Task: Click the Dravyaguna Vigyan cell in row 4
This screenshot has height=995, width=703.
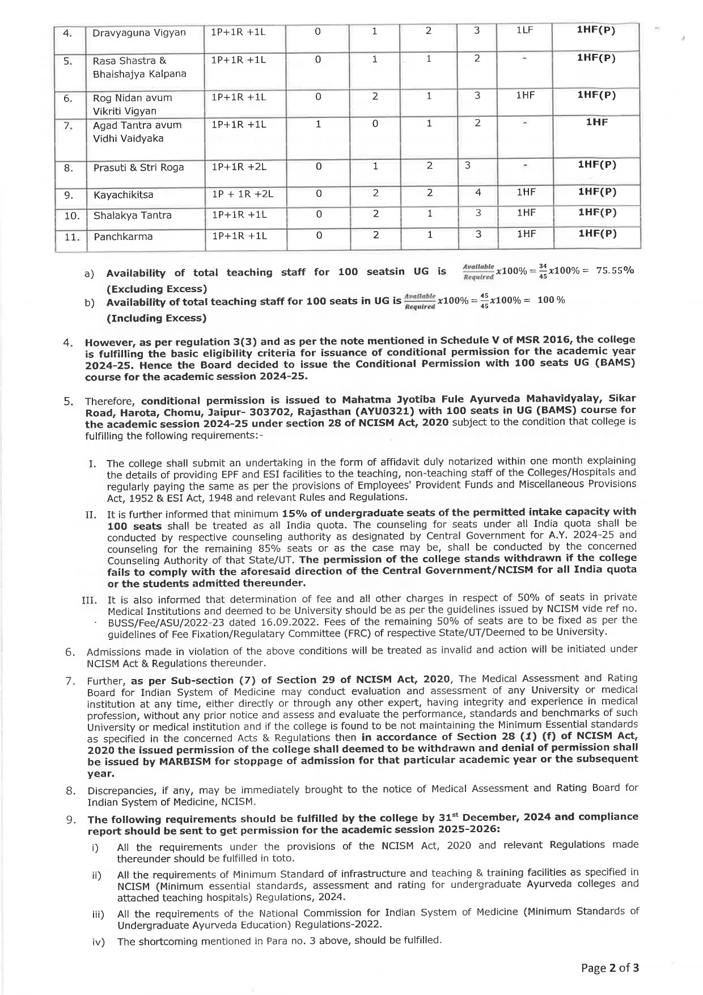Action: (139, 32)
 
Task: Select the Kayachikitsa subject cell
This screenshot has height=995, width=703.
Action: (123, 195)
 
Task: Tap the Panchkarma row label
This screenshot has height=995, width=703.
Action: (123, 237)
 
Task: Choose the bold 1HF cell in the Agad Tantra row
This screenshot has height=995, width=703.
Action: (596, 122)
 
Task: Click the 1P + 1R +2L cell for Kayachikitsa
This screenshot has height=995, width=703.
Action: (243, 194)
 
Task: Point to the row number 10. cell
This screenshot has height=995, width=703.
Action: (71, 216)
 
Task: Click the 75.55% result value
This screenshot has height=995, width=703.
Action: (615, 270)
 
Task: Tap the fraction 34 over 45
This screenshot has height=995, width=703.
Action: (543, 270)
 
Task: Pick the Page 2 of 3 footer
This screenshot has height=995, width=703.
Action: (610, 968)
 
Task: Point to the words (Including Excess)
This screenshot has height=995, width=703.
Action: (156, 318)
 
